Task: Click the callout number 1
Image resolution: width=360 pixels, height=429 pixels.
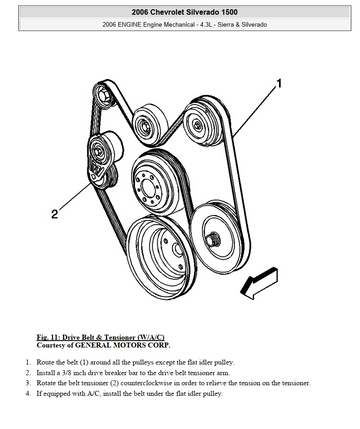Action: coord(279,83)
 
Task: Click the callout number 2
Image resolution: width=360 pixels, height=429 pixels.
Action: coord(54,214)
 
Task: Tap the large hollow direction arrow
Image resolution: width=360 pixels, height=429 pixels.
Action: coord(259,283)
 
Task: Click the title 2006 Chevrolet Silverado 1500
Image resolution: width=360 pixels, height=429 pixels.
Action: coord(184,12)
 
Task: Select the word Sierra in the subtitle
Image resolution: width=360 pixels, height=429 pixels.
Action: coord(226,24)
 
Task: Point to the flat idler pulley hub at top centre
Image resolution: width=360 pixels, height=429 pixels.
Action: coord(144,127)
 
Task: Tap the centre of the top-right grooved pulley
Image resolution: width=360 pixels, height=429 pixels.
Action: coord(197,125)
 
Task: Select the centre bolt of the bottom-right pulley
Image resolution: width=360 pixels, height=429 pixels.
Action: coord(212,239)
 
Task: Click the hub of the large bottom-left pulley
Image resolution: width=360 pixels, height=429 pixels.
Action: coord(176,250)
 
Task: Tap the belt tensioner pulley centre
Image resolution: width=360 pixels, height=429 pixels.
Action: coord(97,153)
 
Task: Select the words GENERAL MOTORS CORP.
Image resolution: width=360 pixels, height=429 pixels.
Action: coord(123,345)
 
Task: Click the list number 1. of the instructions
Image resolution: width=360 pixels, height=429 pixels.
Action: coord(28,362)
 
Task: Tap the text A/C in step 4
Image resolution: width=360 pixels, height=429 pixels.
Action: coord(93,394)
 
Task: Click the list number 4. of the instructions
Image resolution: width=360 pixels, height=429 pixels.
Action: coord(28,394)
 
